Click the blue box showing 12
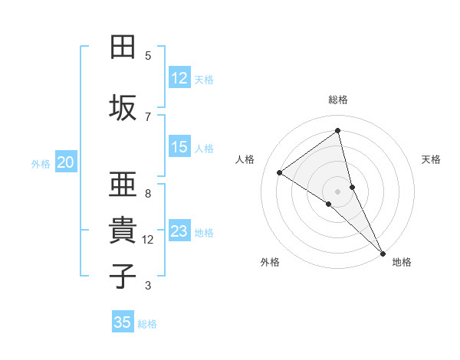coord(179,78)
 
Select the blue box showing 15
coord(179,147)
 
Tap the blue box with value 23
coord(179,231)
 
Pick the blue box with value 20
coord(66,162)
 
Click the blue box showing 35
coord(123,322)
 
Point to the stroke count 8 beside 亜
coord(148,194)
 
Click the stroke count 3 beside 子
coord(148,286)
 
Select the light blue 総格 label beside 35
coord(147,323)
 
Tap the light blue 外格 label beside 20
coord(41,163)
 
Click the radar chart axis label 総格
coord(338,100)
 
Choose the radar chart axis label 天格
coord(431,159)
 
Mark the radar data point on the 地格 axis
coord(383,252)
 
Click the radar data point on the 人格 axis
coord(280,172)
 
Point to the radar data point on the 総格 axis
coord(338,131)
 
